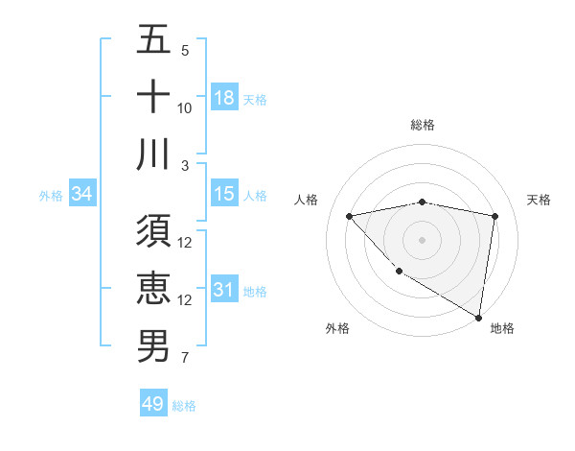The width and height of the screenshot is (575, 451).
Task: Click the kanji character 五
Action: [x=153, y=40]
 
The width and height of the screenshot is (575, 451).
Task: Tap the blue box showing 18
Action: [x=223, y=98]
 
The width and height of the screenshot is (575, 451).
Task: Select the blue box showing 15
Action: [x=223, y=195]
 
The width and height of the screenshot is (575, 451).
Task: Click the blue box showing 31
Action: [x=223, y=291]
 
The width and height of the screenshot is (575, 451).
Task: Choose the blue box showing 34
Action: [x=82, y=195]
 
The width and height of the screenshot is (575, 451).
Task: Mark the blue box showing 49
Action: [x=153, y=404]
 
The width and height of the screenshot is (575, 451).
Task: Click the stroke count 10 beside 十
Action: [x=185, y=108]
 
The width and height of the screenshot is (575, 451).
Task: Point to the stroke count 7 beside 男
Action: [x=185, y=359]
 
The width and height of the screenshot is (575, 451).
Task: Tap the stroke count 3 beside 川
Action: [x=185, y=166]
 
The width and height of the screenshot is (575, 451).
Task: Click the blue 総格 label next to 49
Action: [x=184, y=406]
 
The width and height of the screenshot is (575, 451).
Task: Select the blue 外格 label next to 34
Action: [x=50, y=196]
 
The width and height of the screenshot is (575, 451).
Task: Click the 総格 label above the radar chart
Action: [x=422, y=125]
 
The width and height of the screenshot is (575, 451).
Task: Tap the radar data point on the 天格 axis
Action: [x=494, y=216]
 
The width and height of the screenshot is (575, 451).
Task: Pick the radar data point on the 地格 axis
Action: [x=478, y=317]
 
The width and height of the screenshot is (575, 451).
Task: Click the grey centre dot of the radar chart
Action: [x=422, y=239]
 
